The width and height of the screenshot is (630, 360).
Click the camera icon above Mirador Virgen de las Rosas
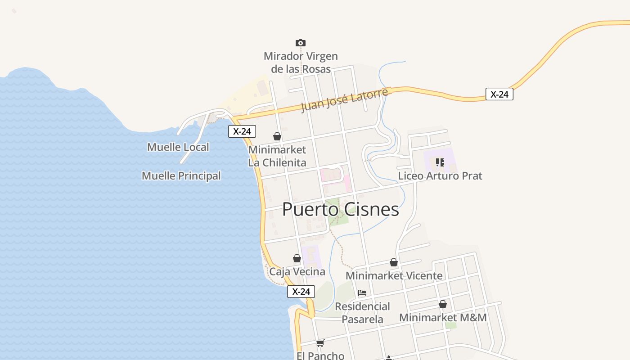[x=301, y=43]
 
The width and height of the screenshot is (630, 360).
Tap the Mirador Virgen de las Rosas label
[x=301, y=63]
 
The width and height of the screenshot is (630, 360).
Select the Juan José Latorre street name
[x=344, y=100]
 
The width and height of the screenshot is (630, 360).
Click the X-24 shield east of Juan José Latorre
[x=499, y=94]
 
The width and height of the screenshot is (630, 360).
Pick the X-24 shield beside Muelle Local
[x=242, y=131]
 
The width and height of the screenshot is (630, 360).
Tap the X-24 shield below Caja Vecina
[x=301, y=292]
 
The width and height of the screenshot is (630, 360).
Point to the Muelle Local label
[x=178, y=147]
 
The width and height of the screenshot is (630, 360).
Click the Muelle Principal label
[x=181, y=176]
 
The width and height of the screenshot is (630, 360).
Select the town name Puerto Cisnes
[x=341, y=210]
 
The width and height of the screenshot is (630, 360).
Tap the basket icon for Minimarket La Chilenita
[x=277, y=136]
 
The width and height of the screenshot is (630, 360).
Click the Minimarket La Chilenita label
[x=277, y=156]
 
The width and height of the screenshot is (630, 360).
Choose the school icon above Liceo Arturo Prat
[x=440, y=162]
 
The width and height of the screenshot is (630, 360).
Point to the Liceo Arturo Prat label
[x=440, y=176]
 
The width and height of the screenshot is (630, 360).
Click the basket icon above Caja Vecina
[x=297, y=258]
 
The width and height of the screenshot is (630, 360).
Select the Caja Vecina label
[x=297, y=272]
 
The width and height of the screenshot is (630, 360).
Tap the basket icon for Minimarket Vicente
[x=394, y=262]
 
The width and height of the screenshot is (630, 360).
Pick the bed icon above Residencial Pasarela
[x=362, y=293]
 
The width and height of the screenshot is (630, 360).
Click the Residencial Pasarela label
[x=362, y=313]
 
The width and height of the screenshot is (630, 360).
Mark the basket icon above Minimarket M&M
[x=443, y=305]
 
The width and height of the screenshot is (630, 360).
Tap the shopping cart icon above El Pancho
[x=320, y=343]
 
